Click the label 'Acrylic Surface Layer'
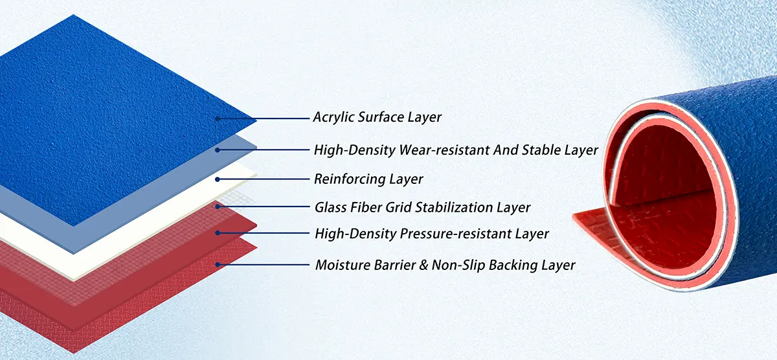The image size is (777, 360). click(377, 117)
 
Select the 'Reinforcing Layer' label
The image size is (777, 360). click(368, 179)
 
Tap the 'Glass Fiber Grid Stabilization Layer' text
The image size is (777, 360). click(422, 207)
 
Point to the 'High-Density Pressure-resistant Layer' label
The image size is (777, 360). click(432, 233)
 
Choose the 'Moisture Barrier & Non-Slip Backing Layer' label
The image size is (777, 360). click(445, 265)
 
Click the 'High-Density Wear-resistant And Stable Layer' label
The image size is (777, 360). click(456, 150)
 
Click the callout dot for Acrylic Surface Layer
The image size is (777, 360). click(218, 119)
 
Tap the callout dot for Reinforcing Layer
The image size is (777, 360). click(218, 179)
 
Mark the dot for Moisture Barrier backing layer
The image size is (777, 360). click(218, 265)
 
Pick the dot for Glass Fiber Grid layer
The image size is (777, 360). click(218, 207)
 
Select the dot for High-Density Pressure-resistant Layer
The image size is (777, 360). click(218, 233)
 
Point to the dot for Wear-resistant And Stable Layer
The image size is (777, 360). click(218, 150)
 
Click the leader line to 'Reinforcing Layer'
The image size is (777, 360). click(264, 179)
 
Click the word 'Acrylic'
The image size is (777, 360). click(333, 117)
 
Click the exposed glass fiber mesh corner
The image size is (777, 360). click(238, 198)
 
